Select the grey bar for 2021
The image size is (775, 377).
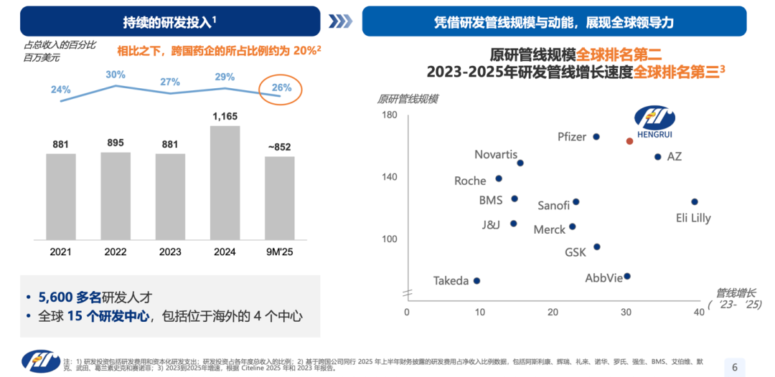click(x=61, y=197)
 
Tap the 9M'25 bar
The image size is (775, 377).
click(x=280, y=199)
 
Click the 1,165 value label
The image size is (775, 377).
click(x=225, y=116)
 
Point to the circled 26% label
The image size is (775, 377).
click(x=281, y=89)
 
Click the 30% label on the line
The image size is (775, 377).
click(x=116, y=75)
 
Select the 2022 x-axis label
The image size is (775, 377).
click(x=116, y=252)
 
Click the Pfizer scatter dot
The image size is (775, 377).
click(x=596, y=136)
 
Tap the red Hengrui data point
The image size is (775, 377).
click(x=629, y=141)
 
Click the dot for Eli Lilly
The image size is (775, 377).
click(x=694, y=202)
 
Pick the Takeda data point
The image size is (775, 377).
click(x=476, y=281)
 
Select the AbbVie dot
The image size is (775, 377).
click(x=627, y=276)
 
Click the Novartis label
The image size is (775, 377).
click(x=495, y=154)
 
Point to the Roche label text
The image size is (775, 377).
click(x=470, y=181)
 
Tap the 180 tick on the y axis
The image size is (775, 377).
click(x=389, y=115)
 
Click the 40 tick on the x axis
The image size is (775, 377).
click(x=699, y=312)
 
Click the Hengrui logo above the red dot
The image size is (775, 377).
click(x=653, y=120)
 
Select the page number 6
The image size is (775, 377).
click(x=734, y=367)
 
